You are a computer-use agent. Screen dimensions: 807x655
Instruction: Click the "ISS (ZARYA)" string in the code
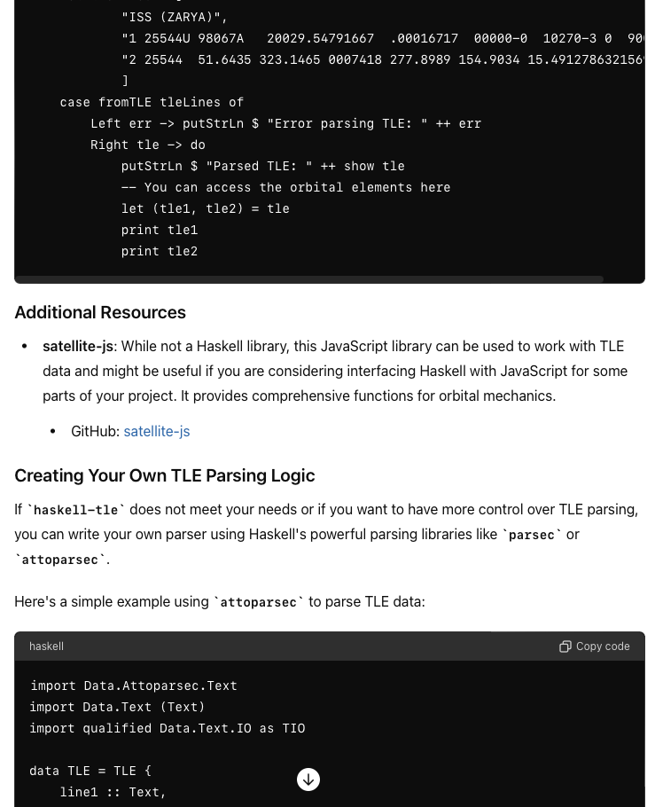coord(175,17)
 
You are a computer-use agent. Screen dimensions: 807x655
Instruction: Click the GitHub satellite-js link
coord(157,431)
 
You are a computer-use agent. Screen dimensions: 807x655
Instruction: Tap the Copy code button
coord(595,646)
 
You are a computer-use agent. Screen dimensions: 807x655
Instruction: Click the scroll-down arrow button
coord(308,780)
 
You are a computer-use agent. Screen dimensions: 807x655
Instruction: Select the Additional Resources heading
coord(100,312)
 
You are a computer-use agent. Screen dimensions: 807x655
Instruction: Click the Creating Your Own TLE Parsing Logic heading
coord(165,475)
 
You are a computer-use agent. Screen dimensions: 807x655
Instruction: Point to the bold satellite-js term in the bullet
coord(78,346)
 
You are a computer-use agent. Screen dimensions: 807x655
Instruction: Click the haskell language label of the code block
coord(46,646)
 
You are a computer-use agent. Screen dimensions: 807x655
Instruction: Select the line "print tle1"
coord(160,230)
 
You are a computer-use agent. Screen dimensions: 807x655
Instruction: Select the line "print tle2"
coord(160,251)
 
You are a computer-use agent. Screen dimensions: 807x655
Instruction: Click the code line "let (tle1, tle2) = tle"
coord(206,208)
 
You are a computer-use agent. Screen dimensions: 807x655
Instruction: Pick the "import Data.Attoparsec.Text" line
coord(134,686)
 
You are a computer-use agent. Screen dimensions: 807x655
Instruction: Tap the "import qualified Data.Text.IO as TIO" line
coord(168,728)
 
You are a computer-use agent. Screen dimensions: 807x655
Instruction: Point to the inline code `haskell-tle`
coord(76,510)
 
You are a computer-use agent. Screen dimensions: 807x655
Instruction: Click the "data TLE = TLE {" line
coord(90,771)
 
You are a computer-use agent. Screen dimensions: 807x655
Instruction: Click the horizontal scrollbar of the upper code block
coord(309,279)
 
